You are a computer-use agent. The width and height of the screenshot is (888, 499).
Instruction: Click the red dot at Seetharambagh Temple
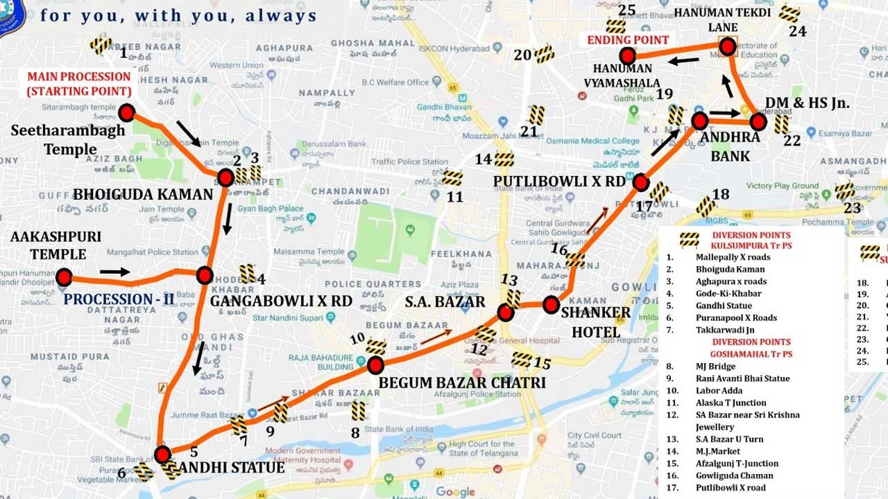(126, 113)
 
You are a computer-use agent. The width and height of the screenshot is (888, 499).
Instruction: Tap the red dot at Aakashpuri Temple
(64, 278)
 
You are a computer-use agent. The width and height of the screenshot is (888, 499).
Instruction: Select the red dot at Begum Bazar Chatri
(375, 365)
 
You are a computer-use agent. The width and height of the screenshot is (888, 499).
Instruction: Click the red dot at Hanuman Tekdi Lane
(727, 46)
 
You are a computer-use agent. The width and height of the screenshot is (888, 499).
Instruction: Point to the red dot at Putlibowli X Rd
(640, 183)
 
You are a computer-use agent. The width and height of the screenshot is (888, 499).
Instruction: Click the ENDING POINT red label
(628, 40)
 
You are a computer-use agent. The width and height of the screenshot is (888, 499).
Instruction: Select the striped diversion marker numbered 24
(789, 13)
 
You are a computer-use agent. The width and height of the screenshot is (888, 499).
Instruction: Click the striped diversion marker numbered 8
(359, 411)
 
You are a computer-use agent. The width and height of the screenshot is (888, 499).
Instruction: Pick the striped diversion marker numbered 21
(536, 115)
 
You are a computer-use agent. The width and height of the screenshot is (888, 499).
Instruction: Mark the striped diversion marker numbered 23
(845, 191)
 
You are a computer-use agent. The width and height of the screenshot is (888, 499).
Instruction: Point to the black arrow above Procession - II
(114, 272)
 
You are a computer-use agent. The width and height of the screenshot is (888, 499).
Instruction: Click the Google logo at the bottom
(456, 492)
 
